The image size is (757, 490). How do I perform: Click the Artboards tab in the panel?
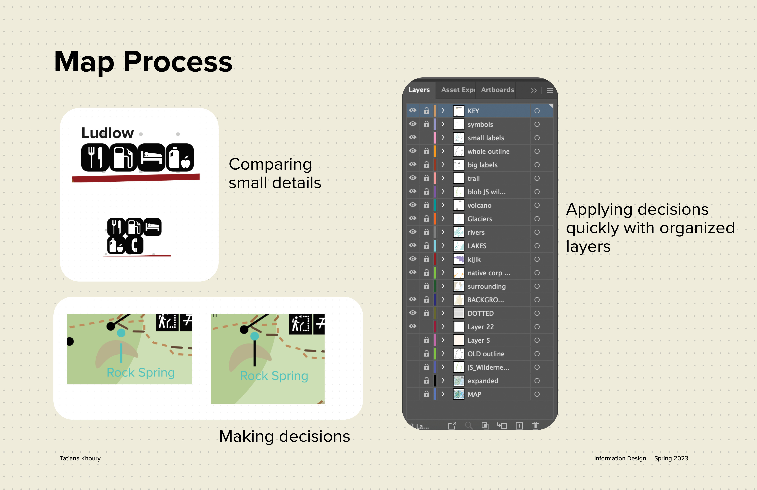pos(497,90)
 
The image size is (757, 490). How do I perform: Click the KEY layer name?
pos(473,111)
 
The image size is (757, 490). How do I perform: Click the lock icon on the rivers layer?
pos(427,232)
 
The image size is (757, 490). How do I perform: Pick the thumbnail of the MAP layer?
pos(458,394)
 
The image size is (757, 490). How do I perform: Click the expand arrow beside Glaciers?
pos(443,219)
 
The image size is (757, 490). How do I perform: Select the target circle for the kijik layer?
pos(537,259)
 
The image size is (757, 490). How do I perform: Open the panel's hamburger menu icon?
pos(550,91)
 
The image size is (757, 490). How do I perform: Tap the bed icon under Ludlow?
pos(151,158)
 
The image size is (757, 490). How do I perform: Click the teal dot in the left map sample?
pos(121,333)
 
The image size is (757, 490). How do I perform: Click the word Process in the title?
pos(178,62)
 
